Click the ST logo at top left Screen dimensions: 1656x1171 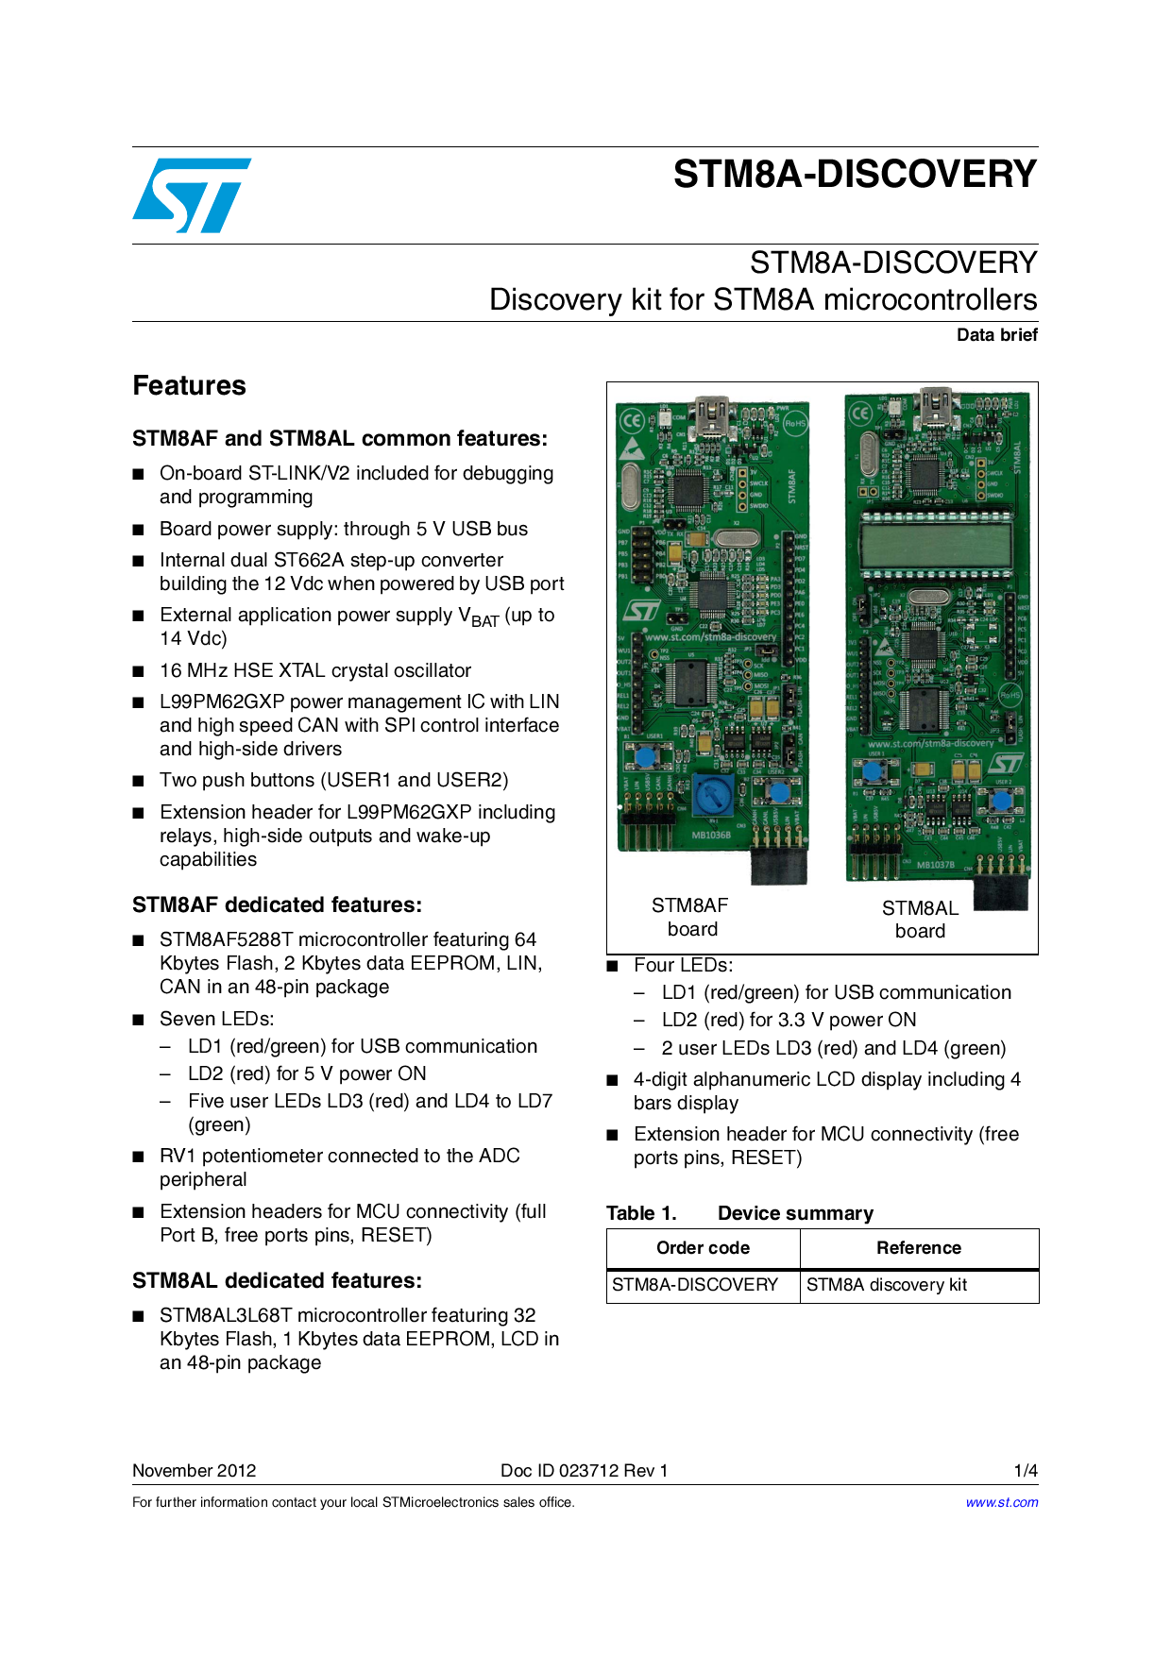click(x=192, y=195)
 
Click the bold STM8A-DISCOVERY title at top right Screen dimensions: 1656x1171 click(x=855, y=175)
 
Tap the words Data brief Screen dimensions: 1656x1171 click(x=996, y=335)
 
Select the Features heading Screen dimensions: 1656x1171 click(x=189, y=386)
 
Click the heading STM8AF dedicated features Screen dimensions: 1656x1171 click(x=277, y=905)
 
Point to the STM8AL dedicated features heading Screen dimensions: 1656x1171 click(x=277, y=1281)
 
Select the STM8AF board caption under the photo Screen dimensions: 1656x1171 click(x=690, y=917)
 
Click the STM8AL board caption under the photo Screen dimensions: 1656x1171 click(x=920, y=920)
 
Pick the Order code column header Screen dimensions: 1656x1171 click(x=703, y=1248)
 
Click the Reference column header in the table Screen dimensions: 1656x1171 click(x=918, y=1248)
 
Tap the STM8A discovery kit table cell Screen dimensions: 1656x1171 click(x=886, y=1285)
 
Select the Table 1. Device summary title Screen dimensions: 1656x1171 click(x=739, y=1213)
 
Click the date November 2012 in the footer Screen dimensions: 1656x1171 click(x=194, y=1471)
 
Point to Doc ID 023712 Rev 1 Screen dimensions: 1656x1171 click(x=584, y=1471)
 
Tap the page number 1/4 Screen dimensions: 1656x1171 click(x=1026, y=1471)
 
